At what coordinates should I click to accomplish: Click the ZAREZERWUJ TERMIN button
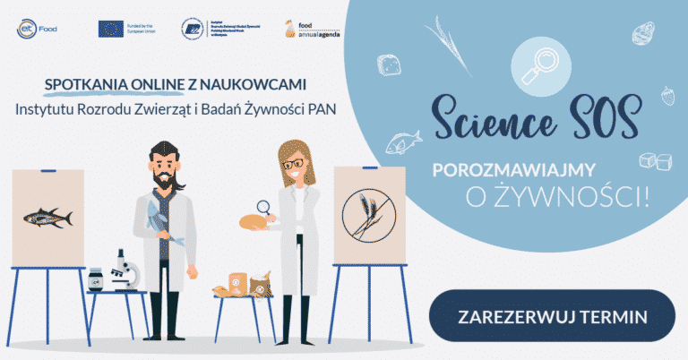[x=553, y=316]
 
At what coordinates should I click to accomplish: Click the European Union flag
[x=111, y=28]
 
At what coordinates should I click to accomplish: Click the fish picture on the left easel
[x=47, y=215]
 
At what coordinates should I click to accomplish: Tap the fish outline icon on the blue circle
[x=403, y=141]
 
